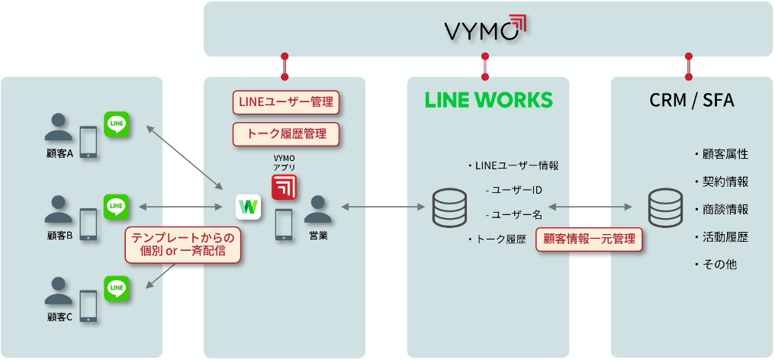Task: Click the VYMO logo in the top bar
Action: pos(486,30)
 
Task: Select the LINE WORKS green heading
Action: pos(488,100)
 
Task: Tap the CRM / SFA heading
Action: pos(691,100)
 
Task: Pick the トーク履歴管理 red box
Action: pos(285,134)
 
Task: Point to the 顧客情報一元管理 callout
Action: pos(588,239)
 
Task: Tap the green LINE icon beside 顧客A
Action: pos(117,124)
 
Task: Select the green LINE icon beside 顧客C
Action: pos(117,289)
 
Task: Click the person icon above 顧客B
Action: pos(59,207)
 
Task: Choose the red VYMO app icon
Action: pos(285,186)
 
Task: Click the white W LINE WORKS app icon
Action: pos(249,207)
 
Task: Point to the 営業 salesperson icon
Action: pos(318,210)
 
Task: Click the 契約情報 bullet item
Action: pos(721,182)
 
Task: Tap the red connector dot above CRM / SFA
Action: pos(689,56)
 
